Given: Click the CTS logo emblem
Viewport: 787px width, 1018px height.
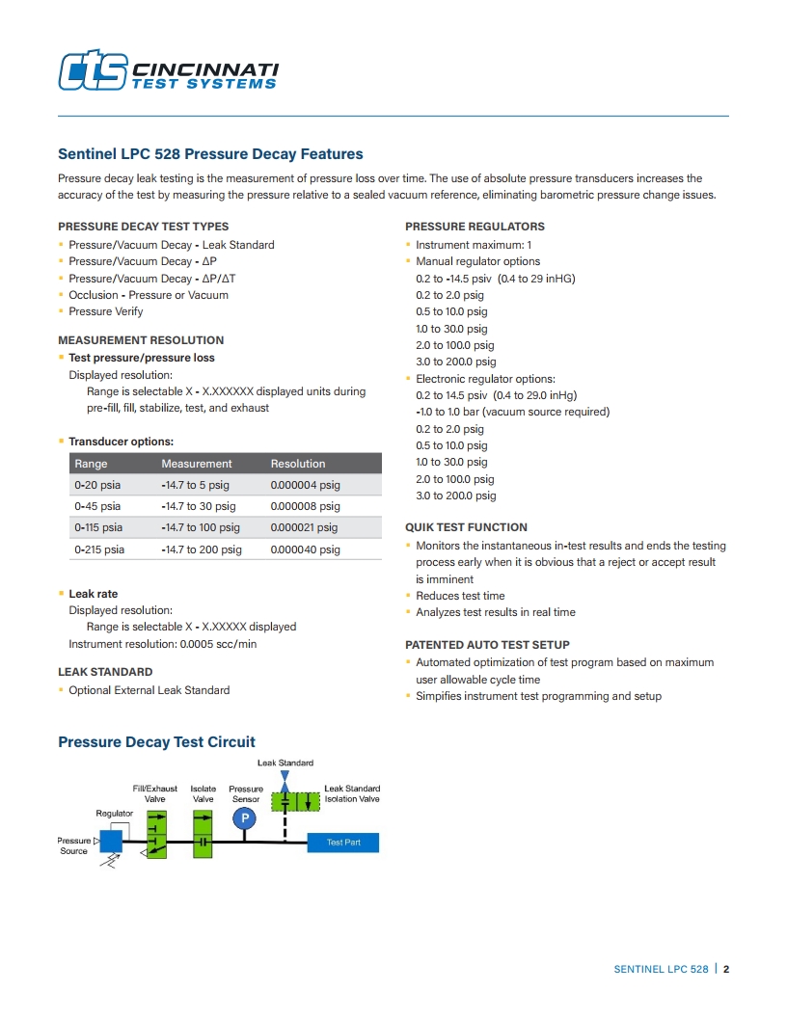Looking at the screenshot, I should coord(93,70).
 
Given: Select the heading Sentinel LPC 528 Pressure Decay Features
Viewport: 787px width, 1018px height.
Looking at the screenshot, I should coord(210,154).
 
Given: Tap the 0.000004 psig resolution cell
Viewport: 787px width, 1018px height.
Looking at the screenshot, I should coord(305,485).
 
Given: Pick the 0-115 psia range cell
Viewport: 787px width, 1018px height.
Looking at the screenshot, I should coord(97,527).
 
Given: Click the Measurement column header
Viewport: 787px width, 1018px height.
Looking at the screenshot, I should coord(197,464).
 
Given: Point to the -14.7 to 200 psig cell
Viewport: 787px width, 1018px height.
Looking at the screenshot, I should coord(202,549).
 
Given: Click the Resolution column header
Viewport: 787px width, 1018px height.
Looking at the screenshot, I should coord(298,464).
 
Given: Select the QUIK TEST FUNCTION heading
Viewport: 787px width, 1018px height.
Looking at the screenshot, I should coord(466,527).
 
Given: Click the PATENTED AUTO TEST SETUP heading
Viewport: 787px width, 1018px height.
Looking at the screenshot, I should coord(487,645).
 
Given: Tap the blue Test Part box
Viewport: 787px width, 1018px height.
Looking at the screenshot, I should coord(342,843).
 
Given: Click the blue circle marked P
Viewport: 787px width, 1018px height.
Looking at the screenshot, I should coord(245,818).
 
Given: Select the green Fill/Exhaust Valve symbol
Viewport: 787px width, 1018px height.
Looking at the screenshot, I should coord(155,834).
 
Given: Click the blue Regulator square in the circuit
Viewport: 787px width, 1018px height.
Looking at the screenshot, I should coord(111,841).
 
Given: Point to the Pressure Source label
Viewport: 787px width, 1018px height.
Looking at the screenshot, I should coord(73,845).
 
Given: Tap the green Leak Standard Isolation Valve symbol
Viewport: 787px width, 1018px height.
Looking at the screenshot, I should coord(296,801).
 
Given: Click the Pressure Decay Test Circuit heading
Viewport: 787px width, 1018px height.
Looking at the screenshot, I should coord(156,742).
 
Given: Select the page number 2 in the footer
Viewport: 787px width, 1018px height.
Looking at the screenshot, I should coord(726,969).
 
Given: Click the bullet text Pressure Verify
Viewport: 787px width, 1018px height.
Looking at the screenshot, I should coord(105,311).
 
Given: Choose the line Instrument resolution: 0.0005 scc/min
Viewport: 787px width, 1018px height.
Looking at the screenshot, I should coord(162,643).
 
